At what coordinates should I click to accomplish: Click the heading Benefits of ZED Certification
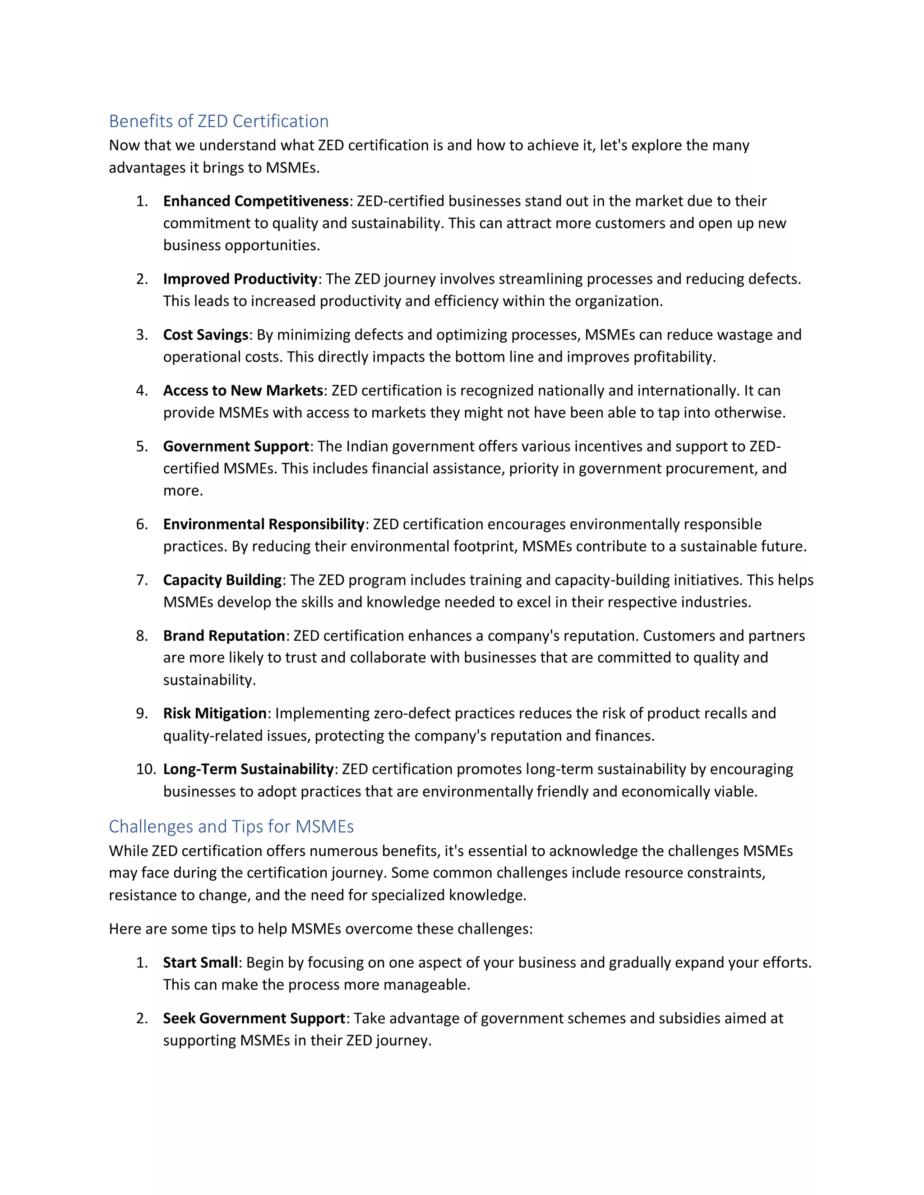pos(218,121)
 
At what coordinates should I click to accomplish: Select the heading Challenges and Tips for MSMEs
pos(231,826)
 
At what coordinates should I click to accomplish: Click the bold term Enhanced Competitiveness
pos(256,202)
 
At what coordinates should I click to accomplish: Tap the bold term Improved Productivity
pos(240,279)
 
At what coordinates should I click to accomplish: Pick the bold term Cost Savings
pos(206,335)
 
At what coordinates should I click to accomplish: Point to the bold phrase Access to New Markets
pos(243,391)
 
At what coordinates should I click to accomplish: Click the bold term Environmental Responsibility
pos(263,524)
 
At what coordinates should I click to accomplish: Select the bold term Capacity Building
pos(222,580)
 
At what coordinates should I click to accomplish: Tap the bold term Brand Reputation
pos(224,636)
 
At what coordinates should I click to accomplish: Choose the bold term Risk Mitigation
pos(215,713)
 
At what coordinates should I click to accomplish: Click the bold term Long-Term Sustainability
pos(248,769)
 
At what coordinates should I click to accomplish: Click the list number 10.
pos(146,769)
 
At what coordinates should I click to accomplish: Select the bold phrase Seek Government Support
pos(254,1018)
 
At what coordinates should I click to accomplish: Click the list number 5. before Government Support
pos(142,446)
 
